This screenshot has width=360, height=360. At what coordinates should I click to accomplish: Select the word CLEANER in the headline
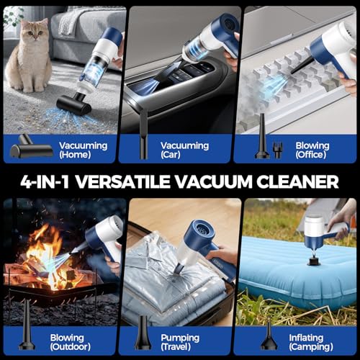(x=297, y=181)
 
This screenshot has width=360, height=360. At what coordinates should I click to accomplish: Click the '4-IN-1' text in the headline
(x=45, y=181)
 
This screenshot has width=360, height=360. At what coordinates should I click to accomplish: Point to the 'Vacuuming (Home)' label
(x=83, y=150)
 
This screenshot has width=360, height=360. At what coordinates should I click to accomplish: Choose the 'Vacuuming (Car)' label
(x=184, y=150)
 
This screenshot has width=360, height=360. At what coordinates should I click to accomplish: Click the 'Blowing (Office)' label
(x=312, y=150)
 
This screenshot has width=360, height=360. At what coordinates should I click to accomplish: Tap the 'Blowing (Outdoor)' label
(x=70, y=342)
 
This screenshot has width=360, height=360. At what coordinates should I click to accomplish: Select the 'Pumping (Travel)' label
(x=180, y=342)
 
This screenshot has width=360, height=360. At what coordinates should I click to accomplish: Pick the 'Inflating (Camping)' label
(x=311, y=342)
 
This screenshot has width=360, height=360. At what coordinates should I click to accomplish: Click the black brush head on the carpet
(x=74, y=104)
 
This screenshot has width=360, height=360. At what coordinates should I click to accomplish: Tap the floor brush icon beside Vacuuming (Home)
(x=30, y=148)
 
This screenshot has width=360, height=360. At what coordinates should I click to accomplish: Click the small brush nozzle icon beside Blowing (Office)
(x=277, y=150)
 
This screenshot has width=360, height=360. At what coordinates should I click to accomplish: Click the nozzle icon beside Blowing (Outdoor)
(x=27, y=325)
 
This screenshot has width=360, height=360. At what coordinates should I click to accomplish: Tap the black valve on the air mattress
(x=314, y=261)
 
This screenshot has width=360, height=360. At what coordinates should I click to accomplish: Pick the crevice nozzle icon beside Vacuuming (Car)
(x=143, y=135)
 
